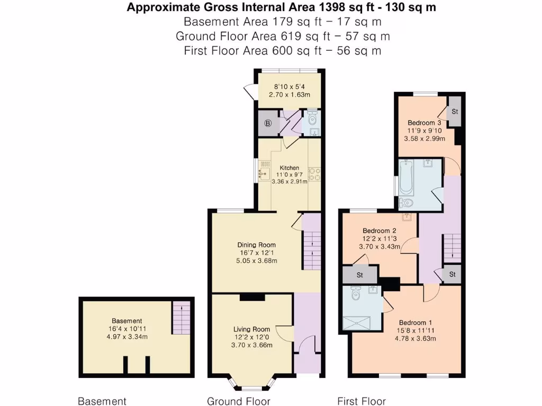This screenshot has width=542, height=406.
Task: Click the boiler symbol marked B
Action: [x=268, y=124]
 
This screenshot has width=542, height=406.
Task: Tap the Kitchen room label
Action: [x=290, y=168]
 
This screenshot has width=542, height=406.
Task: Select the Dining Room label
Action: [x=256, y=245]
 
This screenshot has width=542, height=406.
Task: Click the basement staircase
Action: [x=180, y=317]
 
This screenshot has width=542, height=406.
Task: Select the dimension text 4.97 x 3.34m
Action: [x=127, y=337]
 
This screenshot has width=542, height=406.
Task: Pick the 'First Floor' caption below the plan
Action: [x=362, y=401]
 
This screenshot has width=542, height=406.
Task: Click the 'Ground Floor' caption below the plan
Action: [x=238, y=401]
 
